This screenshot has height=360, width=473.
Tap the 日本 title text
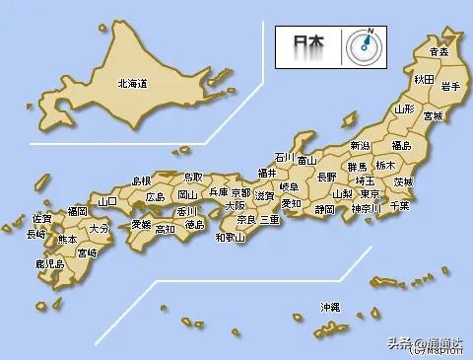pyautogui.click(x=304, y=44)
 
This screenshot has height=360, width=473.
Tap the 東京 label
pyautogui.click(x=372, y=194)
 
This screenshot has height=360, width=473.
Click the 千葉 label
pyautogui.click(x=399, y=205)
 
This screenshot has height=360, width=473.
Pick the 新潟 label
pyautogui.click(x=361, y=146)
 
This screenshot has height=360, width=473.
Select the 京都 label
pyautogui.click(x=240, y=191)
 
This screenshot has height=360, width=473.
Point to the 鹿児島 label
pyautogui.click(x=48, y=263)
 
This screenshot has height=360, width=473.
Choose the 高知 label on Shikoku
pyautogui.click(x=165, y=229)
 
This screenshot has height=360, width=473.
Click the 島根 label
pyautogui.click(x=142, y=180)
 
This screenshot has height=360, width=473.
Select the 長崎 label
pyautogui.click(x=35, y=235)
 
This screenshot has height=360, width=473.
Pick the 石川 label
pyautogui.click(x=284, y=157)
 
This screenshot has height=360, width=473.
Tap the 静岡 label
pyautogui.click(x=325, y=209)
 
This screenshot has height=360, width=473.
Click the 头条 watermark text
pyautogui.click(x=398, y=342)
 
